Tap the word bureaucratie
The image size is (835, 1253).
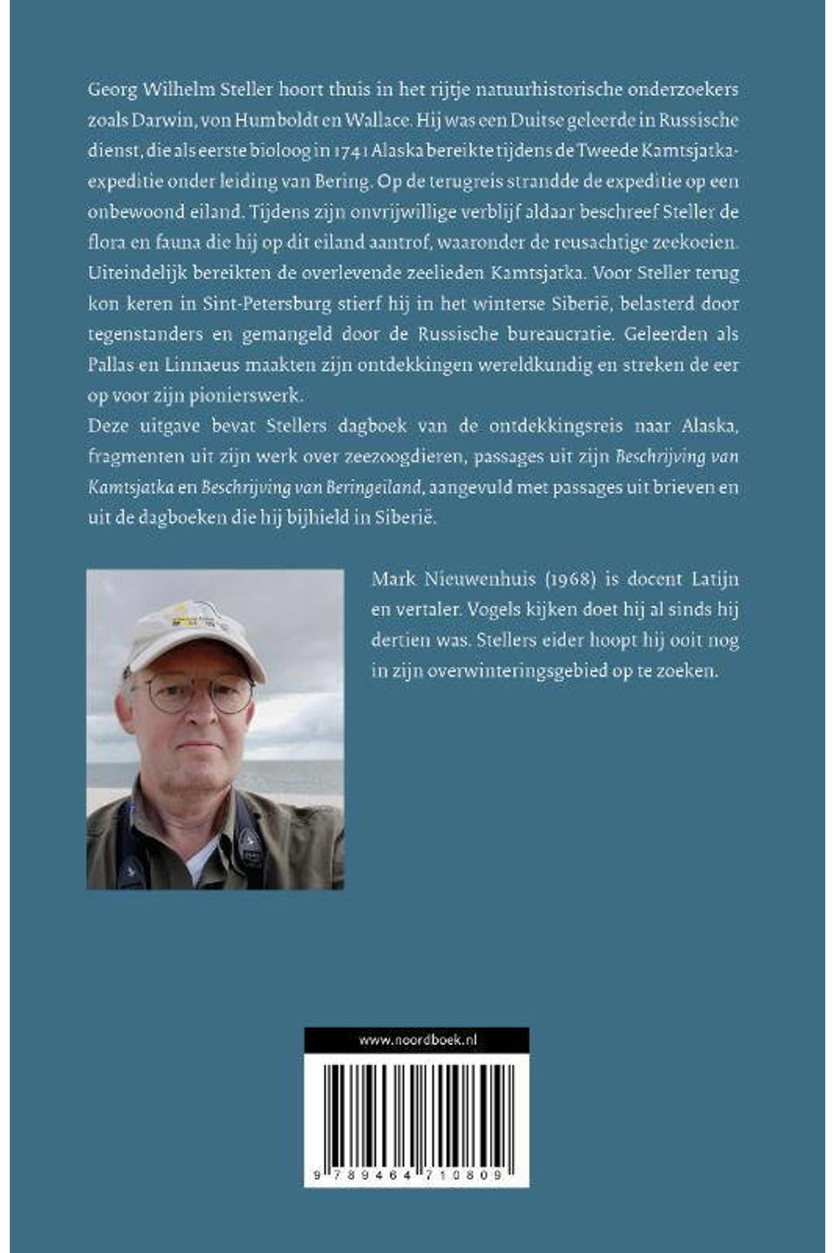click(568, 334)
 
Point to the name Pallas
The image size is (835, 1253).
click(106, 365)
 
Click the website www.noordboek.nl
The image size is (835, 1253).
click(417, 1040)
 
